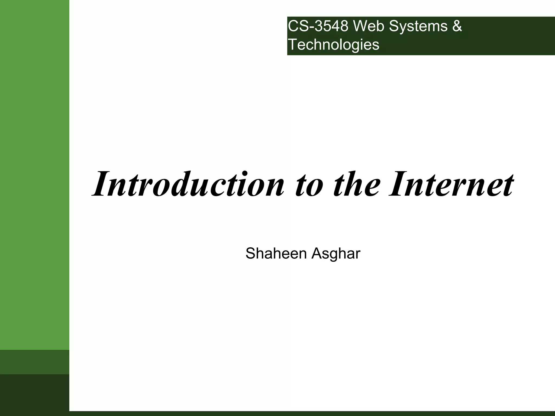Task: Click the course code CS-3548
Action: point(318,27)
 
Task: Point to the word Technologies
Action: point(334,45)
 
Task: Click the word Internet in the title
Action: point(451,184)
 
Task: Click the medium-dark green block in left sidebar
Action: point(34,362)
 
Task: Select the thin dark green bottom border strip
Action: point(312,414)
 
